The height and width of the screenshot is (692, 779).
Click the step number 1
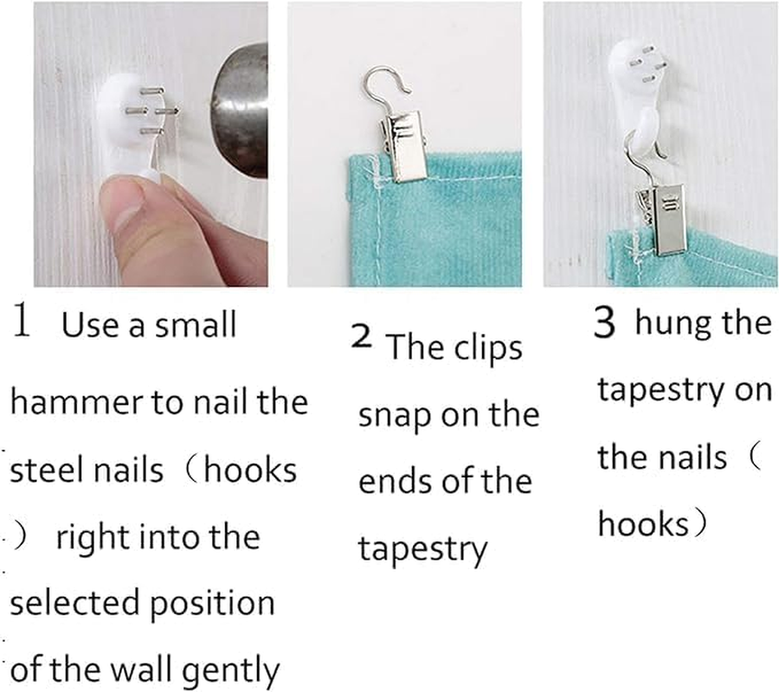click(x=22, y=320)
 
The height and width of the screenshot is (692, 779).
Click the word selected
click(x=74, y=603)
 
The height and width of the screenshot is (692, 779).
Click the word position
click(x=213, y=605)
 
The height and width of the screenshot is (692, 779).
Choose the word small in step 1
click(x=196, y=324)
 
